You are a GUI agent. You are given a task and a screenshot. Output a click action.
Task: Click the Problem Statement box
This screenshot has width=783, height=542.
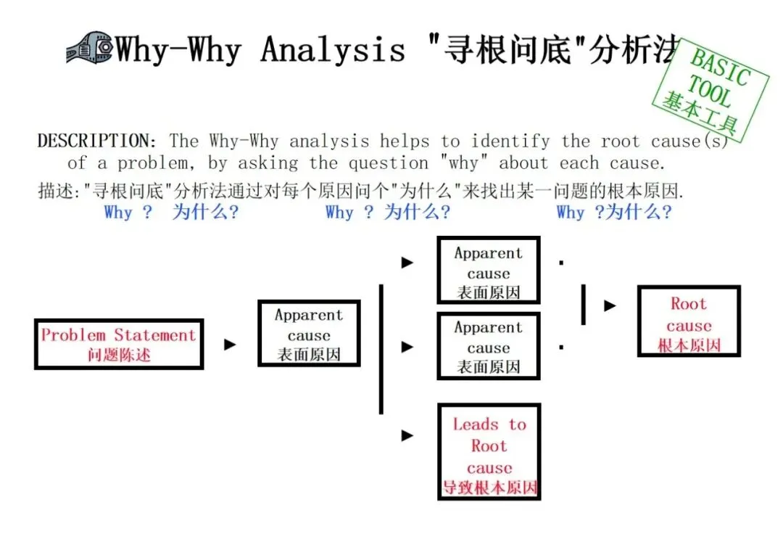pyautogui.click(x=119, y=344)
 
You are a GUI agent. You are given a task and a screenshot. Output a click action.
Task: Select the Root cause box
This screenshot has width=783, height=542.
pyautogui.click(x=689, y=321)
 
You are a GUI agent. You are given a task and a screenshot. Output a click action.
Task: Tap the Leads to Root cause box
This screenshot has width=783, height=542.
pyautogui.click(x=489, y=451)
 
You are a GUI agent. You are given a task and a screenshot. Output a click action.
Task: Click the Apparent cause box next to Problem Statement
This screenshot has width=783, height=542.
pyautogui.click(x=309, y=333)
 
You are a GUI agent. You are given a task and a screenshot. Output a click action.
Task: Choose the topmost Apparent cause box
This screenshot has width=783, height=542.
pyautogui.click(x=489, y=270)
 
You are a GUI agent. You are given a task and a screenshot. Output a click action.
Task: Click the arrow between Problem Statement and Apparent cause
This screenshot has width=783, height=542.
pyautogui.click(x=230, y=345)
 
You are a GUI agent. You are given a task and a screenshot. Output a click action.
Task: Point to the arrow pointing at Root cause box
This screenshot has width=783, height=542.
pyautogui.click(x=610, y=305)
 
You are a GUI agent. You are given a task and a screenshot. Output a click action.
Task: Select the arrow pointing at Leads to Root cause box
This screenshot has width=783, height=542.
pyautogui.click(x=407, y=435)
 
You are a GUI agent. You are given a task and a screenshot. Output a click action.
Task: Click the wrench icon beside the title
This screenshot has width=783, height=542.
pyautogui.click(x=89, y=50)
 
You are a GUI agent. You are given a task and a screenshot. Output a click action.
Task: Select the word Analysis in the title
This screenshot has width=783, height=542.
pyautogui.click(x=333, y=50)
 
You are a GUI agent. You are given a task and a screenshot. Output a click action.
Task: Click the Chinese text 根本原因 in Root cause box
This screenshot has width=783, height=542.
pyautogui.click(x=689, y=345)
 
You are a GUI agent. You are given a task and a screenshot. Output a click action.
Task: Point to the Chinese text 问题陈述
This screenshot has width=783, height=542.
pyautogui.click(x=119, y=356)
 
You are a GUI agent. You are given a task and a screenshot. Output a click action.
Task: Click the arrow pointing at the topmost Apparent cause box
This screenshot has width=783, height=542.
pyautogui.click(x=407, y=263)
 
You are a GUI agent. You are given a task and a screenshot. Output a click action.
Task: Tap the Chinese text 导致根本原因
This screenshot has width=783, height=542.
pyautogui.click(x=489, y=488)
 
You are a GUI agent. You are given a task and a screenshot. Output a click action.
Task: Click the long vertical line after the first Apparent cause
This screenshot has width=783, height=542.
pyautogui.click(x=381, y=348)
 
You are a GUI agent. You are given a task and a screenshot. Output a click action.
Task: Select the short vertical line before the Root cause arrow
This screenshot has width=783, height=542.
pyautogui.click(x=583, y=304)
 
